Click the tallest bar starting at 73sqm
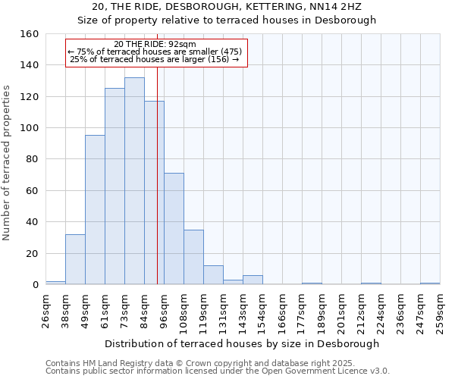point(134,181)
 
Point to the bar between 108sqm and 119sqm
point(193,257)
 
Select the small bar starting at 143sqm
point(253,280)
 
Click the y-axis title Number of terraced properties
point(8,163)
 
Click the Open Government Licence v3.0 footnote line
point(218,371)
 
